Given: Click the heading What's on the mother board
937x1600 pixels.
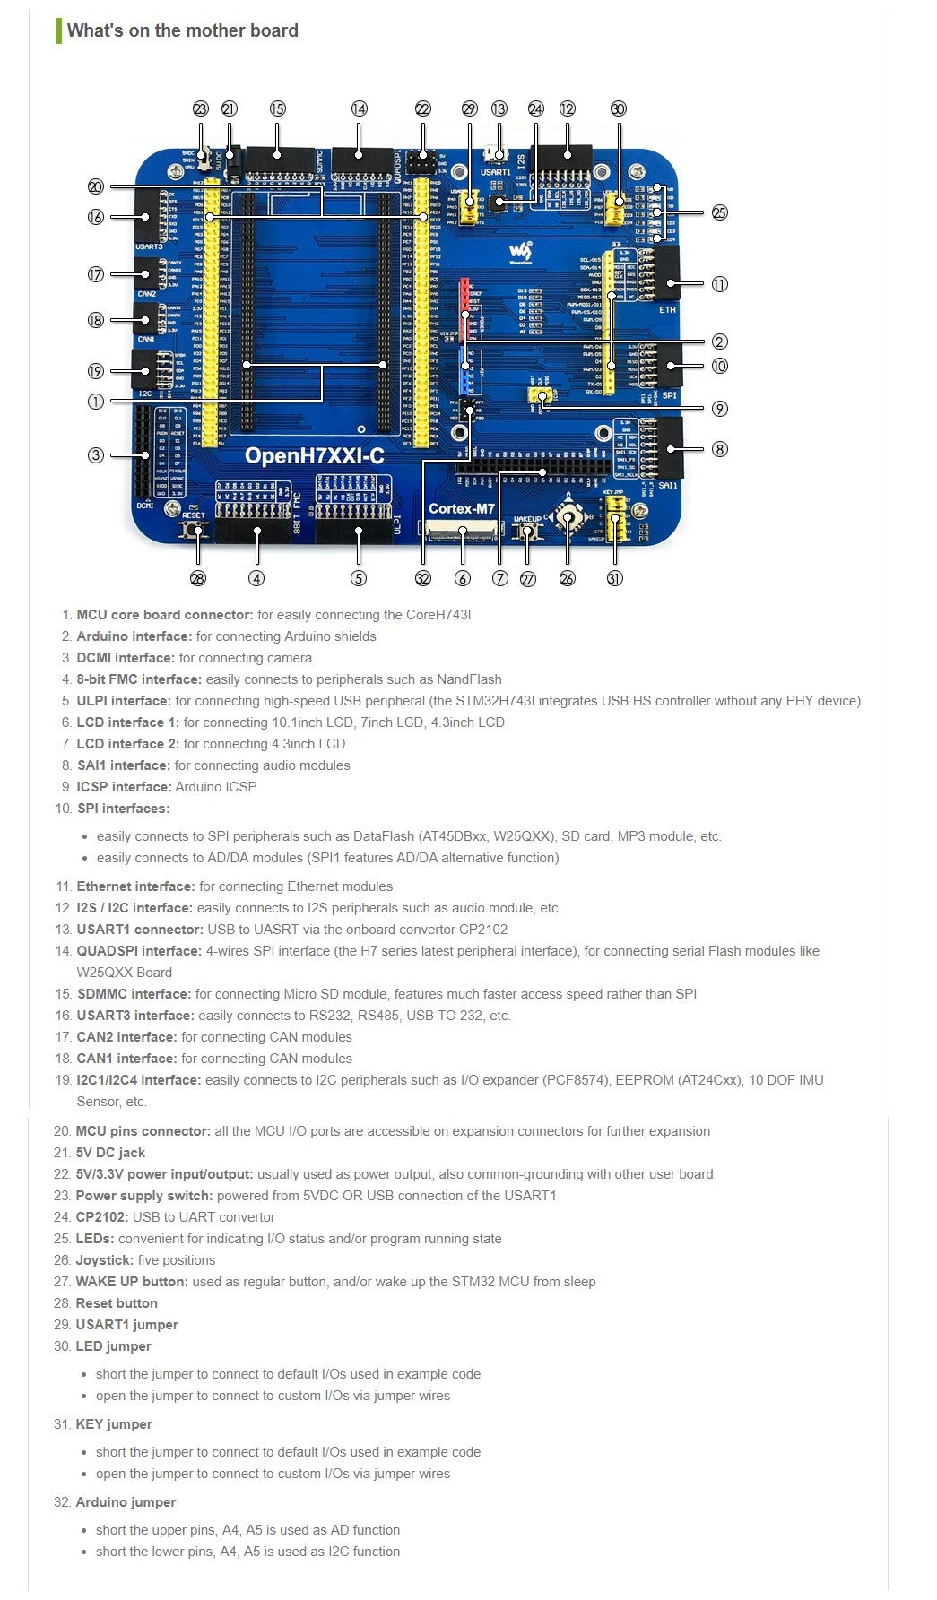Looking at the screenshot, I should coord(182,30).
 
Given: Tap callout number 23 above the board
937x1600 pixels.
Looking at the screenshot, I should coord(201,108).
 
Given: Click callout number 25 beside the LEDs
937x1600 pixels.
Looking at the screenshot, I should coord(719,212).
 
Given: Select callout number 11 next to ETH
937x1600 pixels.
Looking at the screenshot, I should coord(719,284).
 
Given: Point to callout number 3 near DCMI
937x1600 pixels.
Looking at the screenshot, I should coord(96,454).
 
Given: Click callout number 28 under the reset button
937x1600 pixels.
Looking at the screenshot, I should coord(198,578).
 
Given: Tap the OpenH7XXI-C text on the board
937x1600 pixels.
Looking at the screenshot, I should coord(314,456).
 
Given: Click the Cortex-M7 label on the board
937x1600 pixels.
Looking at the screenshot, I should coord(461,508).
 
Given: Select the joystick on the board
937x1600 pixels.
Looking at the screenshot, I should coord(567,517).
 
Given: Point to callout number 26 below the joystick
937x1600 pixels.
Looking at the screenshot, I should coord(567,578).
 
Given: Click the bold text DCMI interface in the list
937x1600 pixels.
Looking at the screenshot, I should coord(126,658).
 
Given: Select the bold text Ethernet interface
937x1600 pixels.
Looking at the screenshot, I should coord(135,886).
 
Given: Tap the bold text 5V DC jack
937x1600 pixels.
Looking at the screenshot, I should coord(110,1153).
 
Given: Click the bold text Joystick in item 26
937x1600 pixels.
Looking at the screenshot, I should coord(104,1260).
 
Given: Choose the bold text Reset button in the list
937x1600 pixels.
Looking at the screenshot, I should coord(117,1303).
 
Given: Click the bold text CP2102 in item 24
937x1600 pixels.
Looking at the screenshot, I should coord(102,1217).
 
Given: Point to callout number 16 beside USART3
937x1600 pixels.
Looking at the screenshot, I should coord(96,216).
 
